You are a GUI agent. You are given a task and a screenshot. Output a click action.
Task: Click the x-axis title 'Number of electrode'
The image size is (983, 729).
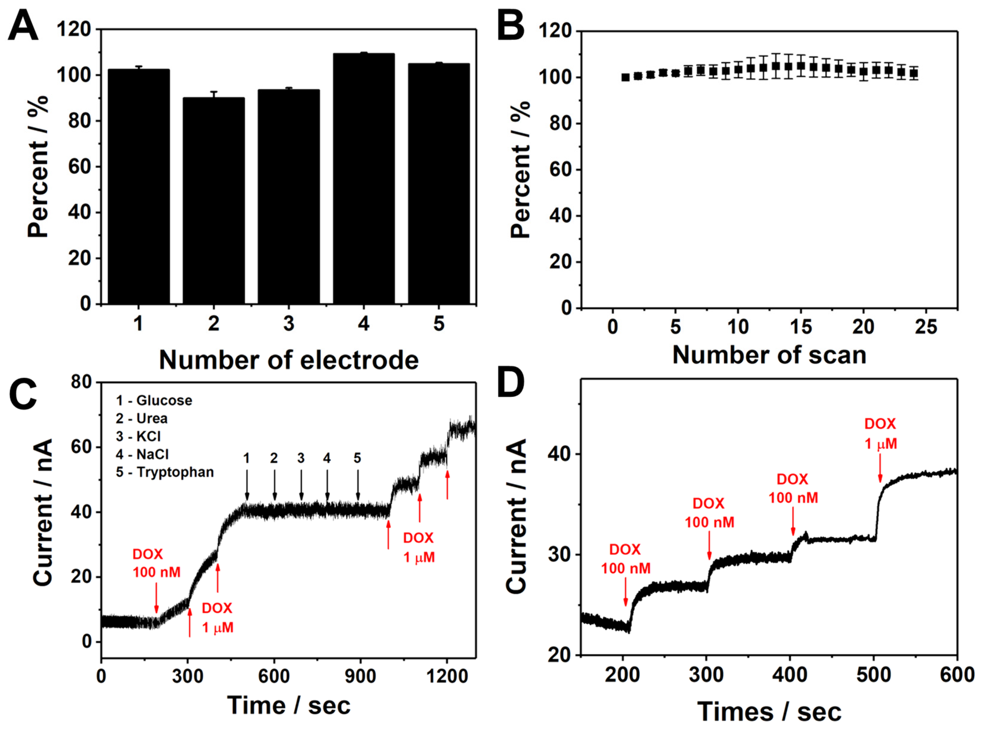[x=289, y=360]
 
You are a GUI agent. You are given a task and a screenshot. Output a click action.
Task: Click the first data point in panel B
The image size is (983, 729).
[x=625, y=77]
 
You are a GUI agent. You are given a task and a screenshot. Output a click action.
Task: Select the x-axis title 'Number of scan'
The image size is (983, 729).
[x=769, y=355]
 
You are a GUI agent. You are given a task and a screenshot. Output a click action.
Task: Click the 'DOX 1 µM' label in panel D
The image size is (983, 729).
[x=880, y=433]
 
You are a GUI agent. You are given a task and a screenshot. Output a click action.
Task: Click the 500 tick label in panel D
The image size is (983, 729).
[x=874, y=675]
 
